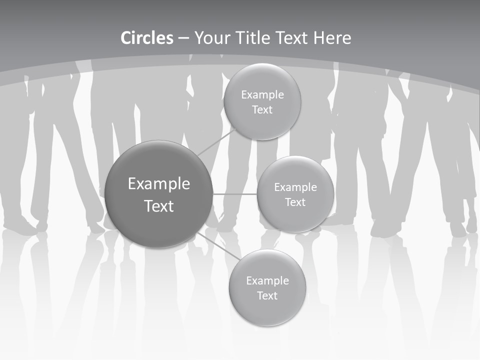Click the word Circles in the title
point(147,38)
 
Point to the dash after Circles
point(183,39)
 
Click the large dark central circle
point(158,194)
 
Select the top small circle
point(262,101)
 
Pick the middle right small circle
point(295,194)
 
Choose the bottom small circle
point(267,287)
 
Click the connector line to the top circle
point(216,142)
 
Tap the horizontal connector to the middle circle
point(235,194)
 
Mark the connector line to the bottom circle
point(219,246)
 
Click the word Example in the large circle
point(159,183)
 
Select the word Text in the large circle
point(159,206)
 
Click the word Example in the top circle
point(262,94)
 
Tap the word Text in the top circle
point(262,109)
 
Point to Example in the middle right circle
point(295,187)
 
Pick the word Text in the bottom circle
point(267,295)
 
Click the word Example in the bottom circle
point(267,280)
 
